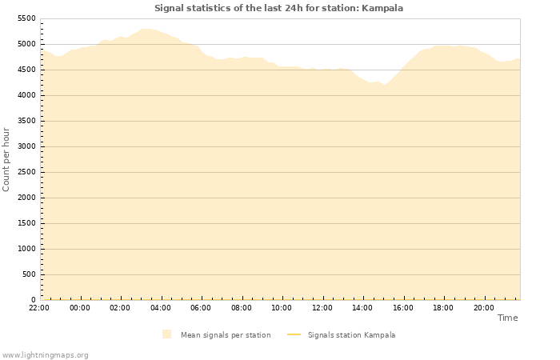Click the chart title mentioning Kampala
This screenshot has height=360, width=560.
278,8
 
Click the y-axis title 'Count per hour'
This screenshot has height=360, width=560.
6,158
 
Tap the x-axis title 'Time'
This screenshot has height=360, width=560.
507,318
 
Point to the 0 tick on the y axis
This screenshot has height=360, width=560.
33,300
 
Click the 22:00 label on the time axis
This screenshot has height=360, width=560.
39,307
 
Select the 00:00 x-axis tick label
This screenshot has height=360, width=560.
80,307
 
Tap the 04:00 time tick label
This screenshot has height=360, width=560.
161,307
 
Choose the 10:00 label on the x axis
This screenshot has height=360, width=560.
282,307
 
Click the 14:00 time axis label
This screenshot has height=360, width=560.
362,307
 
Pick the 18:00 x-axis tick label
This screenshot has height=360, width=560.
443,307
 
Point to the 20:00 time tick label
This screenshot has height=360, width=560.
483,307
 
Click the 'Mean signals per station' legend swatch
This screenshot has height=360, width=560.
166,334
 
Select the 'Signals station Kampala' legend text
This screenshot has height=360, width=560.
351,335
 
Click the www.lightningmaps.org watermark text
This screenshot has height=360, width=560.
45,354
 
